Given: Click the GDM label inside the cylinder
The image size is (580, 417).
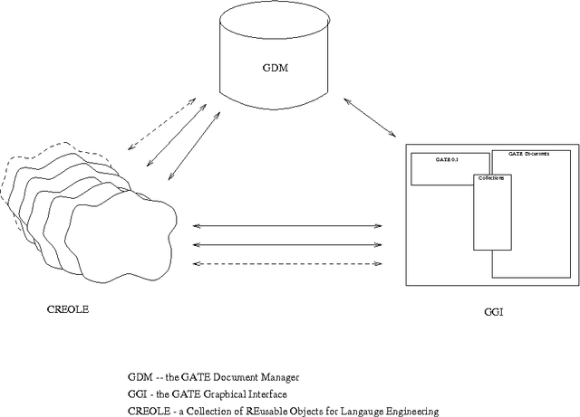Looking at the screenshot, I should pyautogui.click(x=273, y=68).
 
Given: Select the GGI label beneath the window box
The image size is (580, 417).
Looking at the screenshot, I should pyautogui.click(x=494, y=313).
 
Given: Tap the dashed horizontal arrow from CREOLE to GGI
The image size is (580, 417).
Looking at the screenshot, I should pyautogui.click(x=289, y=264).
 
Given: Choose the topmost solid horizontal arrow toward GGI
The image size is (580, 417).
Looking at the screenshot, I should pyautogui.click(x=289, y=225).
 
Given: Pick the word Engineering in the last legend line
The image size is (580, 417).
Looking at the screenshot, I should pyautogui.click(x=418, y=412).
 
